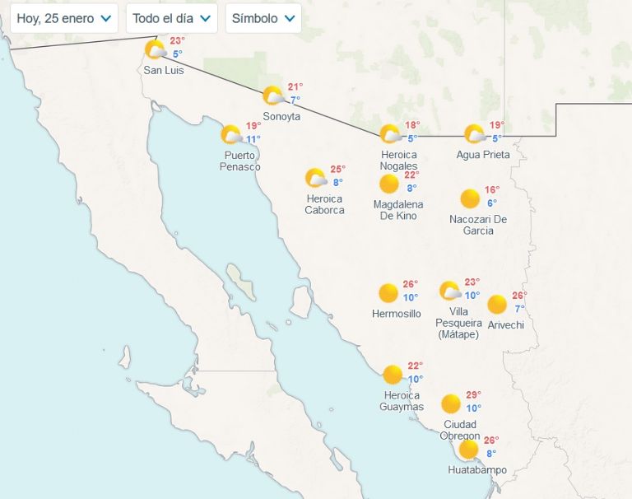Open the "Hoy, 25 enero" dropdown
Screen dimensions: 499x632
coord(64,18)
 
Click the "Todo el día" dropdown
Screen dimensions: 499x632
coord(171,18)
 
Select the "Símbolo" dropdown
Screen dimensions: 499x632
coord(263,18)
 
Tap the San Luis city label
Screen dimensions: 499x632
coord(164,71)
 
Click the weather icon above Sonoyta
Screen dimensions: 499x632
coord(273,96)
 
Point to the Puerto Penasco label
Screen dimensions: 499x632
coord(240,161)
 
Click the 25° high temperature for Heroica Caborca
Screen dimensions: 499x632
coord(337,170)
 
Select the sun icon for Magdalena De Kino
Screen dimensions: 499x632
coord(388,184)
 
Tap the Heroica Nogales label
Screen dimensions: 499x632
coord(399,161)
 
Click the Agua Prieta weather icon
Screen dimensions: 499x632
coord(474,133)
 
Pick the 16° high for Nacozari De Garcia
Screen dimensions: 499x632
coord(492,190)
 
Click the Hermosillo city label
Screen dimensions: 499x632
coord(397,314)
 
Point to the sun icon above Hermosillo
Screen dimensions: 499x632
coord(388,292)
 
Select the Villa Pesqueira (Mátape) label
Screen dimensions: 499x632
coord(459,323)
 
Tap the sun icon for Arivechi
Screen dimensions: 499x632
coord(497,305)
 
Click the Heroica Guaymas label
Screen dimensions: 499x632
coord(402,401)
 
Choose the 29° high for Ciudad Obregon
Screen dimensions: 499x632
coord(473,395)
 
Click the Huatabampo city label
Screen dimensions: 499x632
coord(477,470)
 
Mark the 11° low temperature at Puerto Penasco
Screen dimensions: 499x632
coord(253,139)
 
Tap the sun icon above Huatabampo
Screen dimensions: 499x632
coord(468,449)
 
